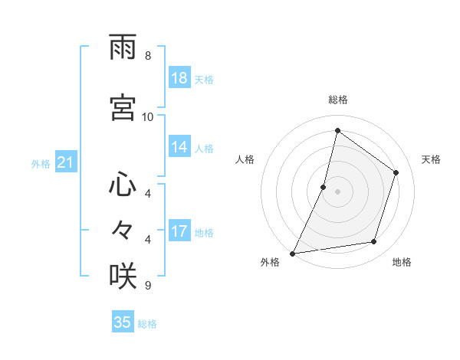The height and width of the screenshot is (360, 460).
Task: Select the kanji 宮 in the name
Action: (123, 108)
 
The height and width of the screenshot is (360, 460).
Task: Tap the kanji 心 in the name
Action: (123, 185)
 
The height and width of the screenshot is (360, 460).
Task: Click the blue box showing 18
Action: (179, 78)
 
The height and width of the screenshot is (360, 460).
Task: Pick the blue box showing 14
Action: (179, 147)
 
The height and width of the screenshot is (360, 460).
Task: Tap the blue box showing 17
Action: (179, 231)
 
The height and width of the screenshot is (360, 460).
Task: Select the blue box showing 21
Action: (66, 162)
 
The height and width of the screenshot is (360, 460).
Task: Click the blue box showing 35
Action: (123, 322)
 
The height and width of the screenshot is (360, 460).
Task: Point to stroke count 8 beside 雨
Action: (148, 56)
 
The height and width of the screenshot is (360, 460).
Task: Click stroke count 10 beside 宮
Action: (148, 116)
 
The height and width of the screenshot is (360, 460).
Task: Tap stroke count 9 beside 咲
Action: (148, 285)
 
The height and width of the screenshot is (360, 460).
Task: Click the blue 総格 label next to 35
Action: (147, 324)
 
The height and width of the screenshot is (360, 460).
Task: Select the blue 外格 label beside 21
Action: (41, 163)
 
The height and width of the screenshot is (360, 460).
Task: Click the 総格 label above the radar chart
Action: (337, 100)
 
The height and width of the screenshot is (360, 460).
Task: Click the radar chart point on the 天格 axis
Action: (396, 172)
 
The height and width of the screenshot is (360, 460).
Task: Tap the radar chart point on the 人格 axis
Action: (324, 187)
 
